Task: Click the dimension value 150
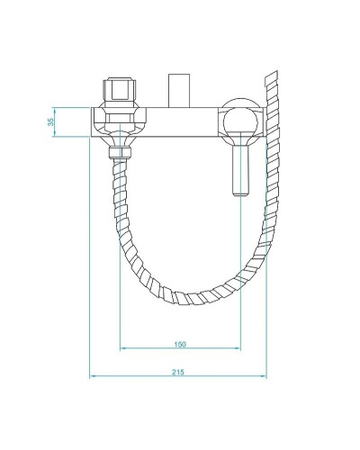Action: [x=180, y=343]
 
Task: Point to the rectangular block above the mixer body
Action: [x=178, y=92]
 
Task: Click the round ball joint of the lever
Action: [x=239, y=121]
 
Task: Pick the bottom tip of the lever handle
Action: [x=239, y=193]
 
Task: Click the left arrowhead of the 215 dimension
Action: [x=94, y=377]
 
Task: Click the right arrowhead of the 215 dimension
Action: [x=266, y=377]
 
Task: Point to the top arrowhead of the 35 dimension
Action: [x=55, y=110]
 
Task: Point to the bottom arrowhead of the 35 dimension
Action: [x=55, y=133]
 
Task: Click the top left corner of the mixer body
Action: [x=93, y=109]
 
